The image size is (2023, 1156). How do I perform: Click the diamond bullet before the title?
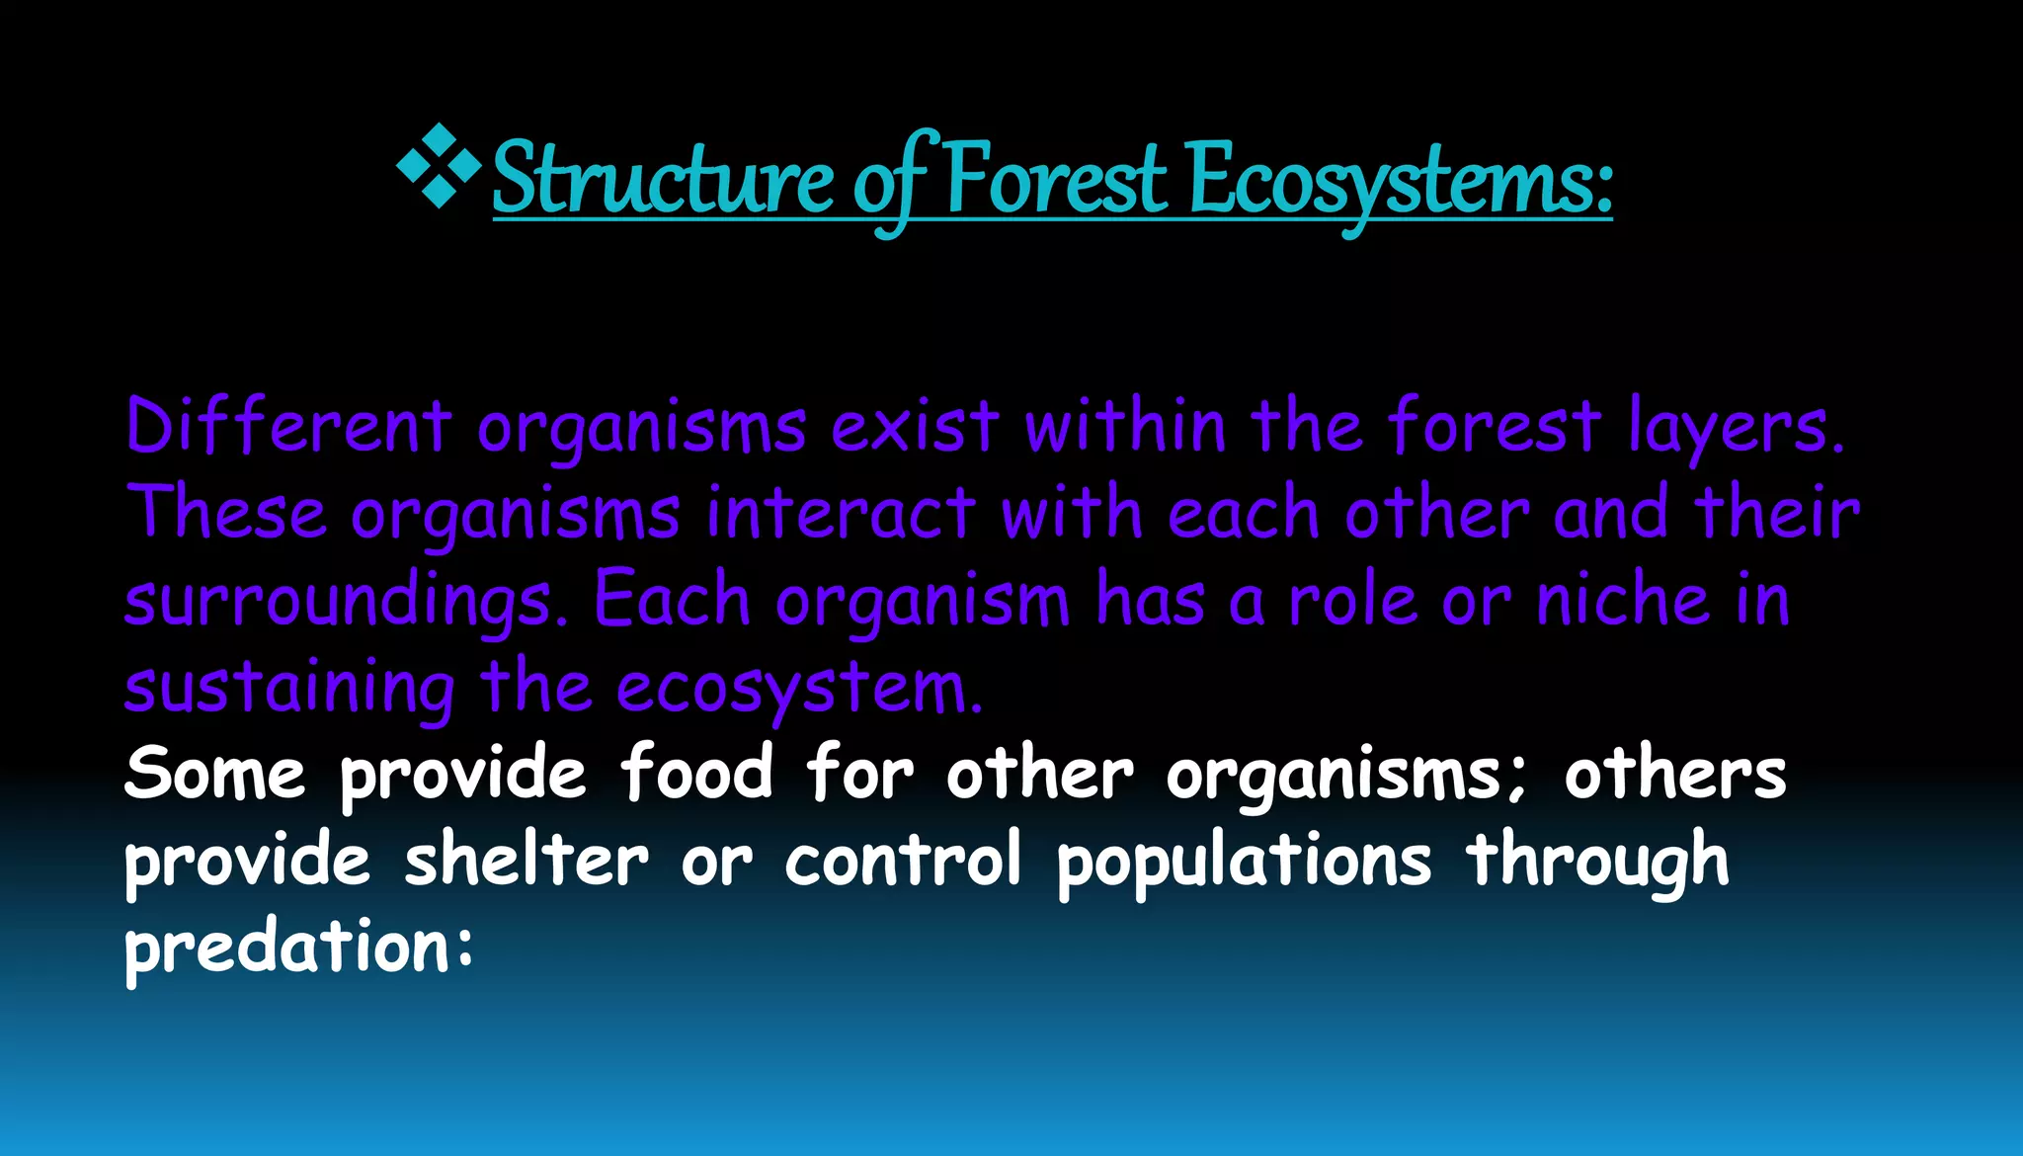tap(439, 166)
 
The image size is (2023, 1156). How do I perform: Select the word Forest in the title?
tap(1055, 180)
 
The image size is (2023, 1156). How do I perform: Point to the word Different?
tap(287, 428)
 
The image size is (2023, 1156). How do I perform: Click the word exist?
tap(915, 428)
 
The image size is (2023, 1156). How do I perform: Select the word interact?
tap(841, 515)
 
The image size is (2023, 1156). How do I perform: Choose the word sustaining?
tap(289, 689)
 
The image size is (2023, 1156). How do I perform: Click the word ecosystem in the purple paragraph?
tap(798, 689)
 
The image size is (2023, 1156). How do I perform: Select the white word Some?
tap(214, 774)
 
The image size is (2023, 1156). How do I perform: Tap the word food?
tap(697, 774)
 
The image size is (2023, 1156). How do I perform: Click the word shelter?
tap(526, 861)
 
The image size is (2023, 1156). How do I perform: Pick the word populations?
tap(1244, 861)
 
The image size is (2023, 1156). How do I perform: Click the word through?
tap(1597, 861)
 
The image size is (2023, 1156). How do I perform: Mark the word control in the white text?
tap(903, 861)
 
